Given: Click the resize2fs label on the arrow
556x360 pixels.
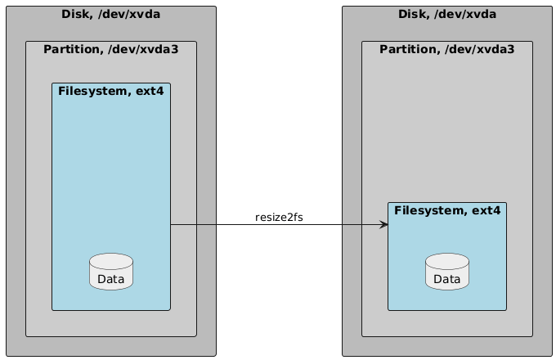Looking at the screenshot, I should click(x=279, y=217).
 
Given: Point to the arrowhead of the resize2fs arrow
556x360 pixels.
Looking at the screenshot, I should click(x=384, y=224).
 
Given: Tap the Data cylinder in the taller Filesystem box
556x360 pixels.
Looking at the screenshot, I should click(x=110, y=272).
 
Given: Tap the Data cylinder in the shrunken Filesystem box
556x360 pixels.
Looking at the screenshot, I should click(x=447, y=272).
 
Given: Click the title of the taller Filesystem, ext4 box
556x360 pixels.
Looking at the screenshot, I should click(x=111, y=91).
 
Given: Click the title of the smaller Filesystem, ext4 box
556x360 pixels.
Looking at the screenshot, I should click(x=447, y=210).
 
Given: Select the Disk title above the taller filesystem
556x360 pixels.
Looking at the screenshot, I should click(x=110, y=14).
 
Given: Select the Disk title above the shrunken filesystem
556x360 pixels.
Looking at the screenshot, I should click(x=447, y=14).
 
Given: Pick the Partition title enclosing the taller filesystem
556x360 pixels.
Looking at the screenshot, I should click(x=110, y=49).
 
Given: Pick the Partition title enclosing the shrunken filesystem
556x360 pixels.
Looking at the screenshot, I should click(x=447, y=49).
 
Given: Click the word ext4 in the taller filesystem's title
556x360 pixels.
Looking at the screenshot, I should click(x=150, y=91).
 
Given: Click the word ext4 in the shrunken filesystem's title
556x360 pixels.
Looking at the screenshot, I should click(x=486, y=210).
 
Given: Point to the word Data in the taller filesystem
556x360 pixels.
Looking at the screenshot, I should click(x=110, y=280).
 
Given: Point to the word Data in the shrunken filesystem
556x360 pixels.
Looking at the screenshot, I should click(x=447, y=280).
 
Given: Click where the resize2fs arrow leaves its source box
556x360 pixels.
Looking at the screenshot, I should click(x=171, y=224).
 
